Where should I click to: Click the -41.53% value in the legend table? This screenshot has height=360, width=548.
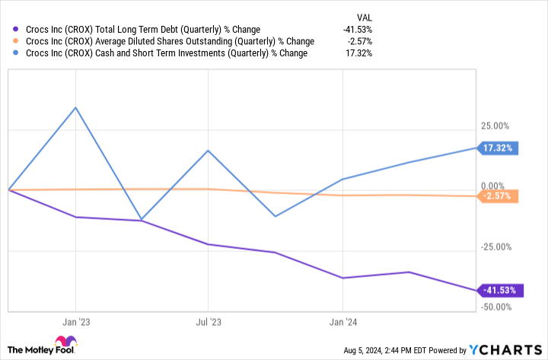[x=357, y=30]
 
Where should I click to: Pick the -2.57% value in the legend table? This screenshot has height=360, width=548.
[x=360, y=42]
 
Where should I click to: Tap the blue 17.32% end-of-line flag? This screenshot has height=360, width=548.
[x=499, y=148]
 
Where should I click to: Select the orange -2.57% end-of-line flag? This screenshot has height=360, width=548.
[x=499, y=196]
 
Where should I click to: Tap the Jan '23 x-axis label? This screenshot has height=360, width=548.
[x=75, y=321]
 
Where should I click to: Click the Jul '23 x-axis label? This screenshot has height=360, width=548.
[x=209, y=321]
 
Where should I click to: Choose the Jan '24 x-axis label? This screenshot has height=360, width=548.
[x=342, y=321]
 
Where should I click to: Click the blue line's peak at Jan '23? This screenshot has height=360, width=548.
[x=75, y=107]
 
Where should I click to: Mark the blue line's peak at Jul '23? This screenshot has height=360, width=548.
[x=209, y=150]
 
